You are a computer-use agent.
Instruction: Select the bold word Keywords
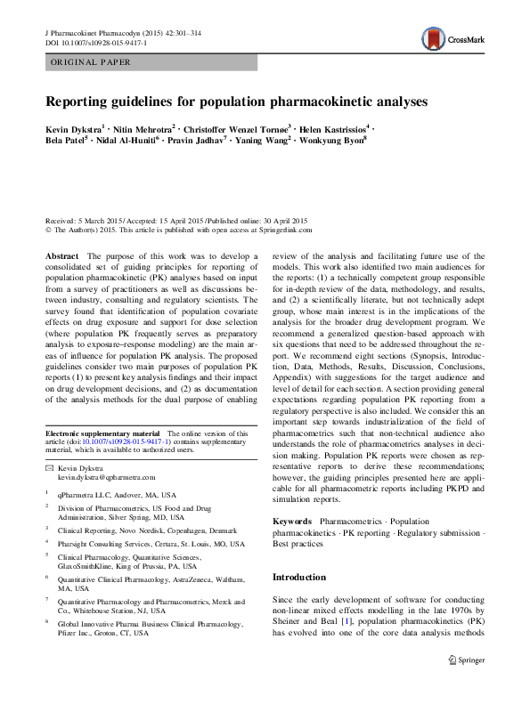click(291, 521)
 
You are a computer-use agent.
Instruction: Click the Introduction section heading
click(300, 577)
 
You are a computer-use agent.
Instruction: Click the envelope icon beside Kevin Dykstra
click(49, 467)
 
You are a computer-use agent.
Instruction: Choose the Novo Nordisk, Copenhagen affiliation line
click(141, 529)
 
